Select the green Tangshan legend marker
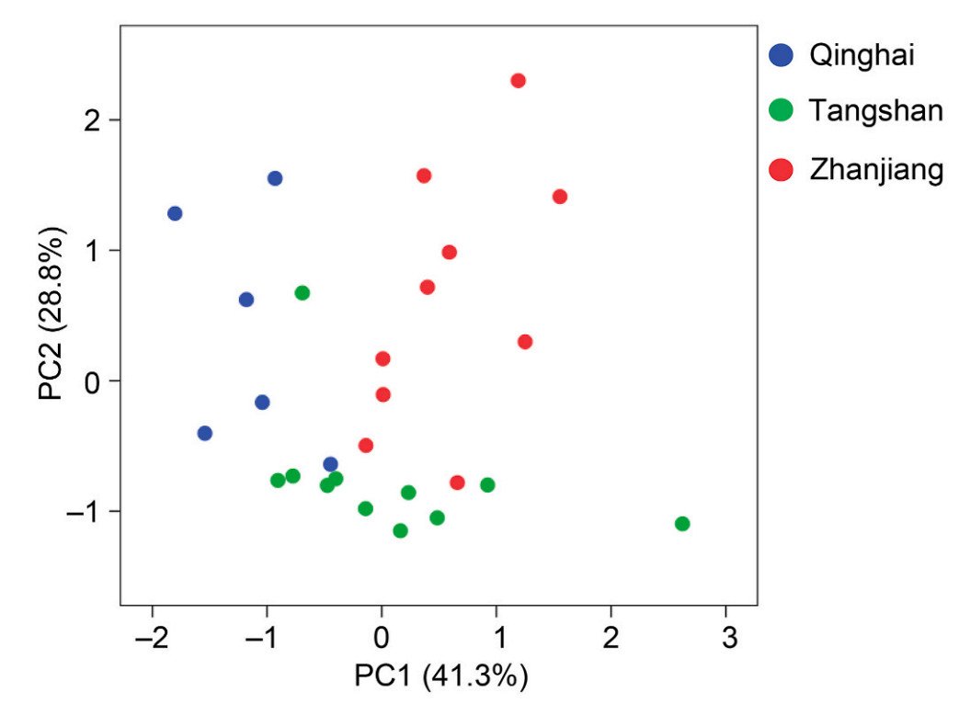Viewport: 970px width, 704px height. pos(781,111)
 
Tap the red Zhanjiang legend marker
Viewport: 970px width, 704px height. pos(781,169)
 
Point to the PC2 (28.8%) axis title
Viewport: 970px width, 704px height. pos(52,316)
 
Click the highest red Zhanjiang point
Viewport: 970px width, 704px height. pos(519,81)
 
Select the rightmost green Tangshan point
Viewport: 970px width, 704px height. pos(682,524)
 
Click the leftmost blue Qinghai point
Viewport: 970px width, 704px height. pos(175,213)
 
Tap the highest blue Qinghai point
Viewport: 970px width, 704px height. pos(275,178)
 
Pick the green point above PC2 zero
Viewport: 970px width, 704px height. pos(302,293)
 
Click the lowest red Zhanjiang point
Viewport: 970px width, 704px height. pos(457,483)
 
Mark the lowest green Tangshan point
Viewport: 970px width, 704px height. pos(400,530)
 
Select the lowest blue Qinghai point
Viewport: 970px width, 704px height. pos(330,464)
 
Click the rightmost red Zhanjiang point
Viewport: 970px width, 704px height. pos(560,197)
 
